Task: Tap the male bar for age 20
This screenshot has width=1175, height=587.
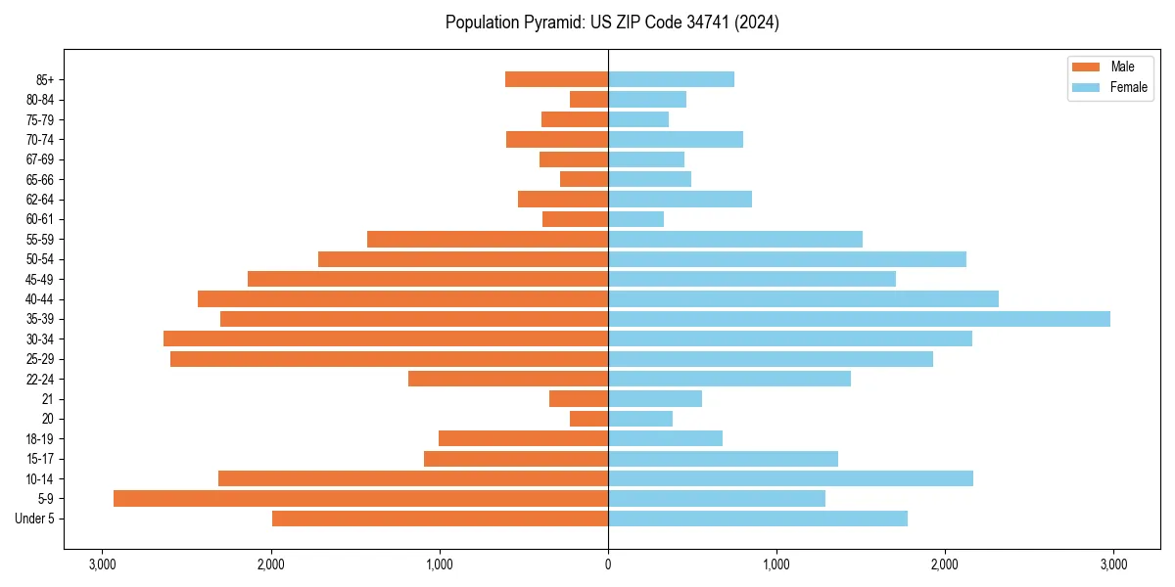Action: pyautogui.click(x=589, y=419)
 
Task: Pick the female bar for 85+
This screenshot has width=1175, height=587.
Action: pyautogui.click(x=671, y=79)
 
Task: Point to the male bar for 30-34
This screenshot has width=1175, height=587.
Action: pyautogui.click(x=386, y=339)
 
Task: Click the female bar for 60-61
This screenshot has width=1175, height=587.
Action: pyautogui.click(x=635, y=219)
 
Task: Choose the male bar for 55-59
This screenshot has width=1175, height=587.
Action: pyautogui.click(x=488, y=239)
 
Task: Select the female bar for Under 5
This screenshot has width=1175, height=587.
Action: pyautogui.click(x=757, y=519)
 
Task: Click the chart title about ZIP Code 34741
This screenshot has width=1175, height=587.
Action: pyautogui.click(x=612, y=23)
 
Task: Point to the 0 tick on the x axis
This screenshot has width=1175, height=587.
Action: pyautogui.click(x=608, y=564)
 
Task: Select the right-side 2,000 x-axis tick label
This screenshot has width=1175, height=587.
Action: pyautogui.click(x=945, y=564)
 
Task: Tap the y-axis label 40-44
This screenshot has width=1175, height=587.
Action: pyautogui.click(x=39, y=299)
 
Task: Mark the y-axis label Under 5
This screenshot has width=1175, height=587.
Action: pyautogui.click(x=35, y=519)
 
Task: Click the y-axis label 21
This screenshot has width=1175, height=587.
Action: pyautogui.click(x=48, y=399)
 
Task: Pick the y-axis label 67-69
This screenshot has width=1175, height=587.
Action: pyautogui.click(x=39, y=159)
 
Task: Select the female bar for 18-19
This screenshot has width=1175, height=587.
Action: pyautogui.click(x=665, y=438)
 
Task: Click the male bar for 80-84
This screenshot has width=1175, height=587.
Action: pyautogui.click(x=588, y=99)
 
